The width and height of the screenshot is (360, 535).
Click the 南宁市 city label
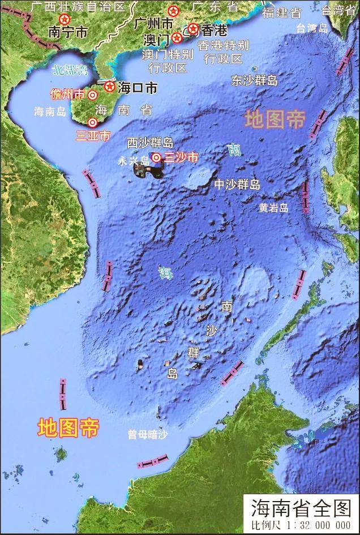(x=68, y=32)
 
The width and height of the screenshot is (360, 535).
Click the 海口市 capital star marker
(x=109, y=87)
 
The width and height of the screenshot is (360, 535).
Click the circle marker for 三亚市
(x=92, y=122)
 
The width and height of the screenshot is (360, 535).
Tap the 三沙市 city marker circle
(x=156, y=158)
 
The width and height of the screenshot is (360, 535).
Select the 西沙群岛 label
(x=150, y=142)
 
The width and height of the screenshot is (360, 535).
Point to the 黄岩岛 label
(x=274, y=208)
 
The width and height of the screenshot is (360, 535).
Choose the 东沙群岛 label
(x=255, y=81)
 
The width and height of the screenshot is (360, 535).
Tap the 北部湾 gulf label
(x=70, y=70)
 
